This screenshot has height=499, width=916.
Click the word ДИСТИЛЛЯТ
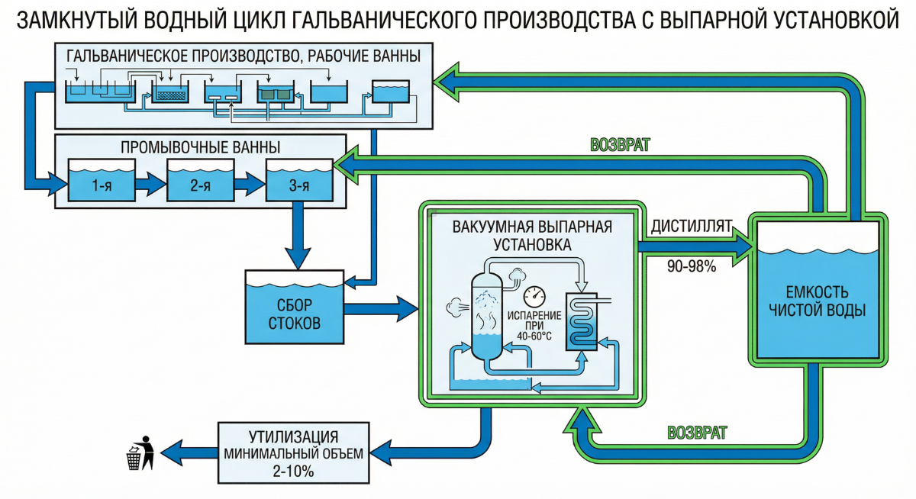tap(691, 227)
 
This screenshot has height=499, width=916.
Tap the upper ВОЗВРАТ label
tap(621, 145)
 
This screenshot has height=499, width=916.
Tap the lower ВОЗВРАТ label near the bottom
tap(697, 433)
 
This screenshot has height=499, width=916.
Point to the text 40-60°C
tap(537, 336)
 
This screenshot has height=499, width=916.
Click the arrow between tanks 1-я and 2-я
tap(150, 183)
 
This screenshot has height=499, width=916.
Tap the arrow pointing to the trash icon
tap(187, 450)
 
